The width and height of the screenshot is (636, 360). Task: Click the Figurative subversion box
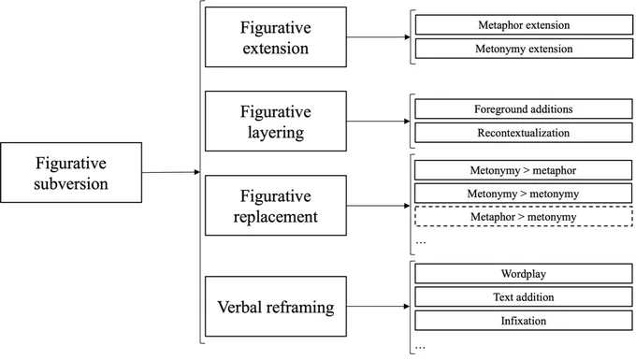coord(71,172)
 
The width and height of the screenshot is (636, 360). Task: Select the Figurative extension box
coord(276,36)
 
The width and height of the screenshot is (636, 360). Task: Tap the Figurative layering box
coord(276,122)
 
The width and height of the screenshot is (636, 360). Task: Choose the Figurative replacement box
coord(276,206)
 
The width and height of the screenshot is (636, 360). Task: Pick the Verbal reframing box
coord(276,307)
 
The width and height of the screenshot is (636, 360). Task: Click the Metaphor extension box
coord(524,25)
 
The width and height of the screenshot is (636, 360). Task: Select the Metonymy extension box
coord(524,49)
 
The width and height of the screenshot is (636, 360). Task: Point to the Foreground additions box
coord(523,109)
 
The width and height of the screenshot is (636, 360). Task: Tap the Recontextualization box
coord(523,133)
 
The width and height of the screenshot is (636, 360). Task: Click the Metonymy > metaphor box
coord(523,170)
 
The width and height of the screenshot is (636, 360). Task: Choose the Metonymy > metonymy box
coord(523,194)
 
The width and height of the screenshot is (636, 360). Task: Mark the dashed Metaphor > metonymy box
coord(523,217)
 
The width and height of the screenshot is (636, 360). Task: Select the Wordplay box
coord(523,274)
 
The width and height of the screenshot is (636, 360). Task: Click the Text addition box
coord(523,297)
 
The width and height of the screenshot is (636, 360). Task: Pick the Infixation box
coord(523,321)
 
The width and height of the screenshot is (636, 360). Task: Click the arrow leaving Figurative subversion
coord(171,172)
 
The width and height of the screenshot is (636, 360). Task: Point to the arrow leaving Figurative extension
coord(379,37)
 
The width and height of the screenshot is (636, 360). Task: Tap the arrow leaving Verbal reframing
coord(378,307)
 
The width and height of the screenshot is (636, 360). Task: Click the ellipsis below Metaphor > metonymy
coord(421,243)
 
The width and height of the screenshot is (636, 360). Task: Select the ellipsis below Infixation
coord(420,348)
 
